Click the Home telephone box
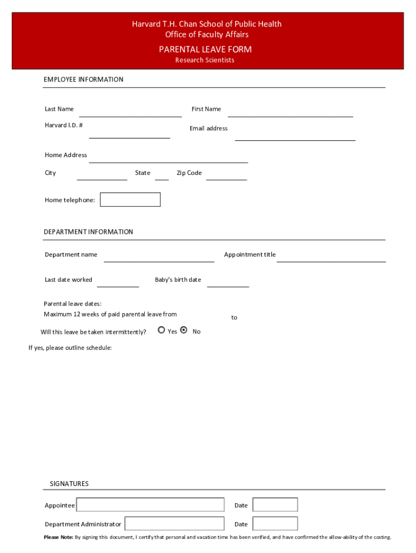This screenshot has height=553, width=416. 130,200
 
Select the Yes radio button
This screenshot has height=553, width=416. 162,330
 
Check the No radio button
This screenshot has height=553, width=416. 184,330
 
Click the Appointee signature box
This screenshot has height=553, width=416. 150,505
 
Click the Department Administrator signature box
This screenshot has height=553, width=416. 175,524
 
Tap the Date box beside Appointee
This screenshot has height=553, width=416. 275,505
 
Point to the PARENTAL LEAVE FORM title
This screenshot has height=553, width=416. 205,49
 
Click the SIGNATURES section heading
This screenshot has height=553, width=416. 69,484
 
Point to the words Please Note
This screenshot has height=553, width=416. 58,537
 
